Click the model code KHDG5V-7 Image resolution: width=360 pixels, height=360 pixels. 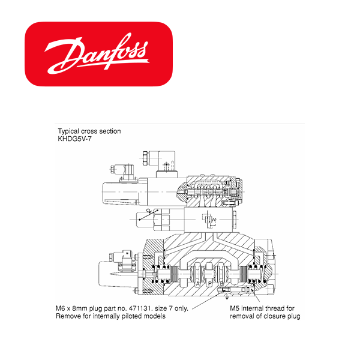click(74, 139)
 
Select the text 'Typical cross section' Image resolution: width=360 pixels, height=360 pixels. click(89, 131)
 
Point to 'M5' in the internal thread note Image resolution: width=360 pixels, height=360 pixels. click(237, 308)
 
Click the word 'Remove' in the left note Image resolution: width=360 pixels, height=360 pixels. click(67, 316)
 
